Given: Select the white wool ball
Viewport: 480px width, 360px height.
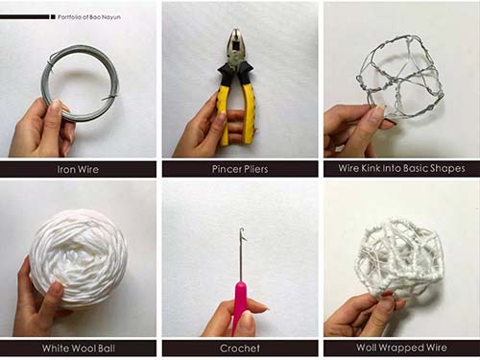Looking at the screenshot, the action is point(79,256).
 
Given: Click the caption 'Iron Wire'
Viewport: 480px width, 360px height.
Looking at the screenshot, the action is point(78,169).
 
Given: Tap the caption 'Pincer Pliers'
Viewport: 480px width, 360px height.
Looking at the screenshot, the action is point(240,169).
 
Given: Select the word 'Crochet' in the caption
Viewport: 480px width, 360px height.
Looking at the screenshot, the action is point(240,348).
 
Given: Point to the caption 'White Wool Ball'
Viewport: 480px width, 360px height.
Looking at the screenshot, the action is point(79,348).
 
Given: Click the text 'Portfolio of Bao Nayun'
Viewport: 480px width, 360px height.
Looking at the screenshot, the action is point(89,17).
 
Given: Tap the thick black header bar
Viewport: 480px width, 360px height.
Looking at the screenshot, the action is point(25,17).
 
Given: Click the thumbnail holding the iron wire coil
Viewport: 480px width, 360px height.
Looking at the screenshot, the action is point(78,80).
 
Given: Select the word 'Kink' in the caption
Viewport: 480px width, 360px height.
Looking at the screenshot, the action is point(371,168).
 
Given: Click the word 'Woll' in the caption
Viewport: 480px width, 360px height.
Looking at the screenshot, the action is point(367,348).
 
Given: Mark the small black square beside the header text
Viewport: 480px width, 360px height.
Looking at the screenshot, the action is point(53,17).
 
